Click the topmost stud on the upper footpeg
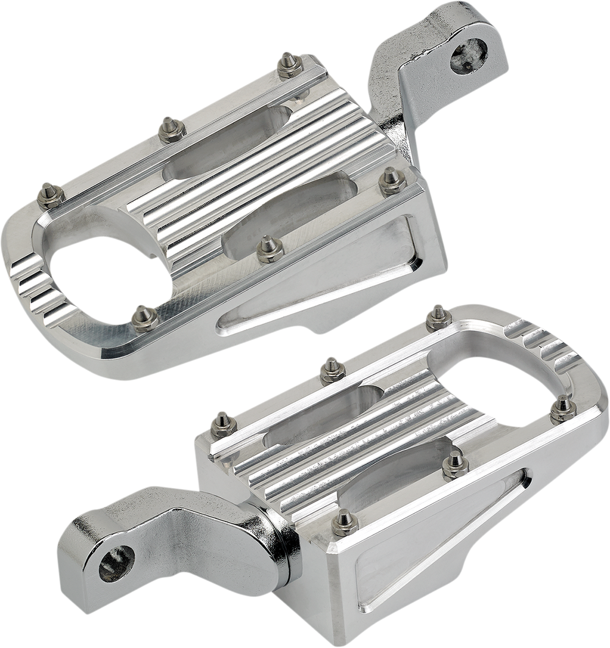[286, 62]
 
